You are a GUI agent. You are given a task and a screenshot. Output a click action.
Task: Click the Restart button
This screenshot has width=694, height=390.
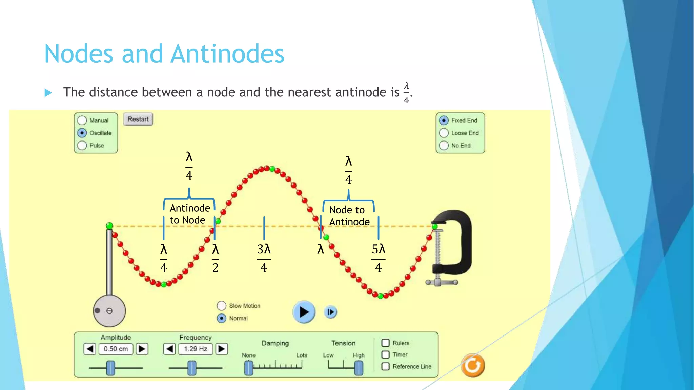138,119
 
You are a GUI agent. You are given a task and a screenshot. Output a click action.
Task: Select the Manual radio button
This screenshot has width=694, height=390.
82,120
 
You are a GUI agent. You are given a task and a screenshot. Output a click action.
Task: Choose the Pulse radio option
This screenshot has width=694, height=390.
82,145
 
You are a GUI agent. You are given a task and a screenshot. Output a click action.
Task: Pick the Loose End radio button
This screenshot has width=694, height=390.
444,133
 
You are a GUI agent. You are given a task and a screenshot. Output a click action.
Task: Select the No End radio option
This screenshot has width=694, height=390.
444,146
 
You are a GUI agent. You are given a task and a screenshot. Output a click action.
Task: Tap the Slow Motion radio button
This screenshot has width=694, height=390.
221,306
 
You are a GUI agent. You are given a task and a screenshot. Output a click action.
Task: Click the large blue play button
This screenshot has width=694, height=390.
304,312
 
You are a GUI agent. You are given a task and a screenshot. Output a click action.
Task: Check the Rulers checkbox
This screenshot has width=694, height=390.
385,343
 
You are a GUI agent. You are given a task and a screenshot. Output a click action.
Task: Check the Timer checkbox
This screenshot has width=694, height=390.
385,354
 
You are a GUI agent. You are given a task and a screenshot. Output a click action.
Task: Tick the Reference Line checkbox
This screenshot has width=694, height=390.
385,366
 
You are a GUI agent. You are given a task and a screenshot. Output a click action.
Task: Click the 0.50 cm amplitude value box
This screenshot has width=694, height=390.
116,349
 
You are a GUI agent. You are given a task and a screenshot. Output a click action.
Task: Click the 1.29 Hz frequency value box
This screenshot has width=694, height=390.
195,349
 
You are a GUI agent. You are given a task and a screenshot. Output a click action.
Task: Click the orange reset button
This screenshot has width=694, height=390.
473,366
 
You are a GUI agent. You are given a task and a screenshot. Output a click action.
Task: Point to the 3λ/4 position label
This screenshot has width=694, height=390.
264,258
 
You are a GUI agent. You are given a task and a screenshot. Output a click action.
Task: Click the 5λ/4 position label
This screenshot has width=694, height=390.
379,258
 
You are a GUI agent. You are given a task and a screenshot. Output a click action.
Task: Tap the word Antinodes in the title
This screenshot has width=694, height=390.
227,54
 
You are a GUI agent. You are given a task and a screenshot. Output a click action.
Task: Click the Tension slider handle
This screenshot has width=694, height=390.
359,368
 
